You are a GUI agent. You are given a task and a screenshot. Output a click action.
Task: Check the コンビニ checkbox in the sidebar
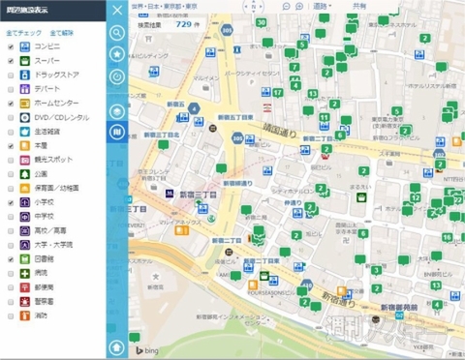coord(11,46)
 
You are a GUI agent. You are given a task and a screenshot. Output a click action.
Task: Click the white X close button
coord(118,11)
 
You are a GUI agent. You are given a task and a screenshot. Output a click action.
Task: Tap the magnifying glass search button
coord(118,32)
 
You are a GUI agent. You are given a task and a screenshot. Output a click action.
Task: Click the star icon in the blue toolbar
coord(118,54)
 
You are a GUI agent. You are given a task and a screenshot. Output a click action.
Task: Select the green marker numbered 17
coord(278,93)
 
